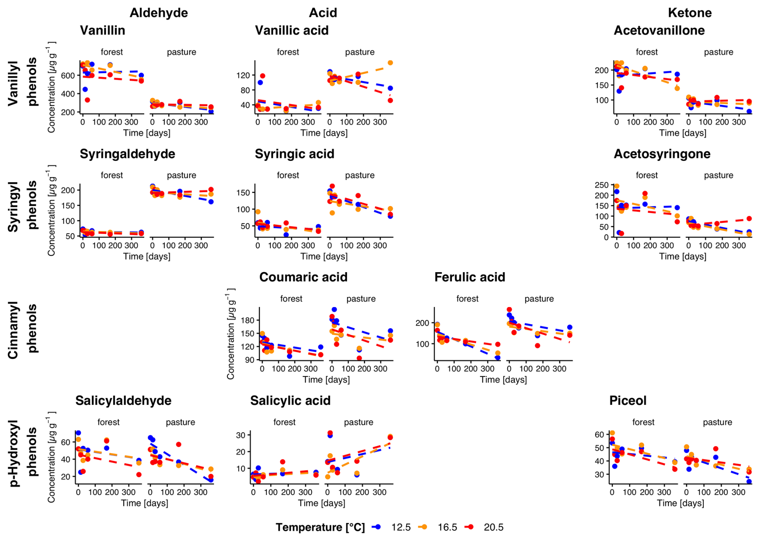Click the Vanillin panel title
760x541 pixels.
102,31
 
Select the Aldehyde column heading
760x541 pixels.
159,13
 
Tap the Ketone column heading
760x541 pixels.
689,13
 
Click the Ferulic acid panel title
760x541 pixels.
470,277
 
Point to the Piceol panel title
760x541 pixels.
627,401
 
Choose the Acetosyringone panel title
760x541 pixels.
662,154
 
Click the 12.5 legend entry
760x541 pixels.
400,527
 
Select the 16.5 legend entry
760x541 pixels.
447,527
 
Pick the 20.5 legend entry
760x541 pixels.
493,527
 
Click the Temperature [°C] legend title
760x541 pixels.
320,527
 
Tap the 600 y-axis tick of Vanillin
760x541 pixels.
68,75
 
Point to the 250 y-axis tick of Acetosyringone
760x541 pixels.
601,185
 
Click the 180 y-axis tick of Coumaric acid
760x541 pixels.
247,320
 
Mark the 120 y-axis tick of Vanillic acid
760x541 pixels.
243,75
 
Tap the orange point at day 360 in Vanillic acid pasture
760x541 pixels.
390,63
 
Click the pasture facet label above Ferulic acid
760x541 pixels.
539,299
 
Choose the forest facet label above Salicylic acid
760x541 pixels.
284,422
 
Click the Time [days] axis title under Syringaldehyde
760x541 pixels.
147,256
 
